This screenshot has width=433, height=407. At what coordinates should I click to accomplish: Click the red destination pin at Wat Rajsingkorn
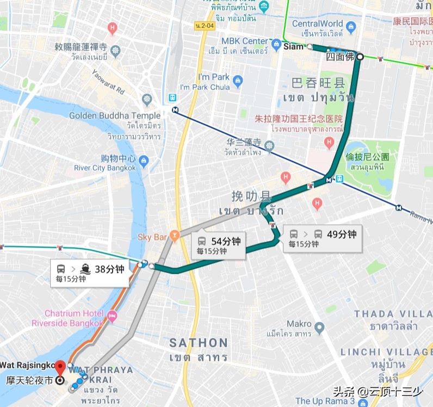[60, 366]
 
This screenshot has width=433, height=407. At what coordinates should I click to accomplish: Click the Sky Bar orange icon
[175, 236]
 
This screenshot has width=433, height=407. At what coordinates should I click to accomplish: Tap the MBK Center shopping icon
[276, 42]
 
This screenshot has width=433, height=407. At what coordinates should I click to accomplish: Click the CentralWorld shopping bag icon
[351, 25]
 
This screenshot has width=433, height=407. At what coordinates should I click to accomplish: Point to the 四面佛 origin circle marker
[359, 56]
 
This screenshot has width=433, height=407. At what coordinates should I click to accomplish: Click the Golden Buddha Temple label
[115, 115]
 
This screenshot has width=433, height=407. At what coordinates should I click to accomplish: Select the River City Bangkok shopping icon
[144, 161]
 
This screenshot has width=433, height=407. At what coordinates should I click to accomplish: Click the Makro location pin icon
[319, 328]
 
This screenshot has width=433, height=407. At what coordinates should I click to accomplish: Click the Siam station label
[293, 47]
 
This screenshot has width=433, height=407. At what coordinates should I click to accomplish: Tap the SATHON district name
[198, 343]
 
